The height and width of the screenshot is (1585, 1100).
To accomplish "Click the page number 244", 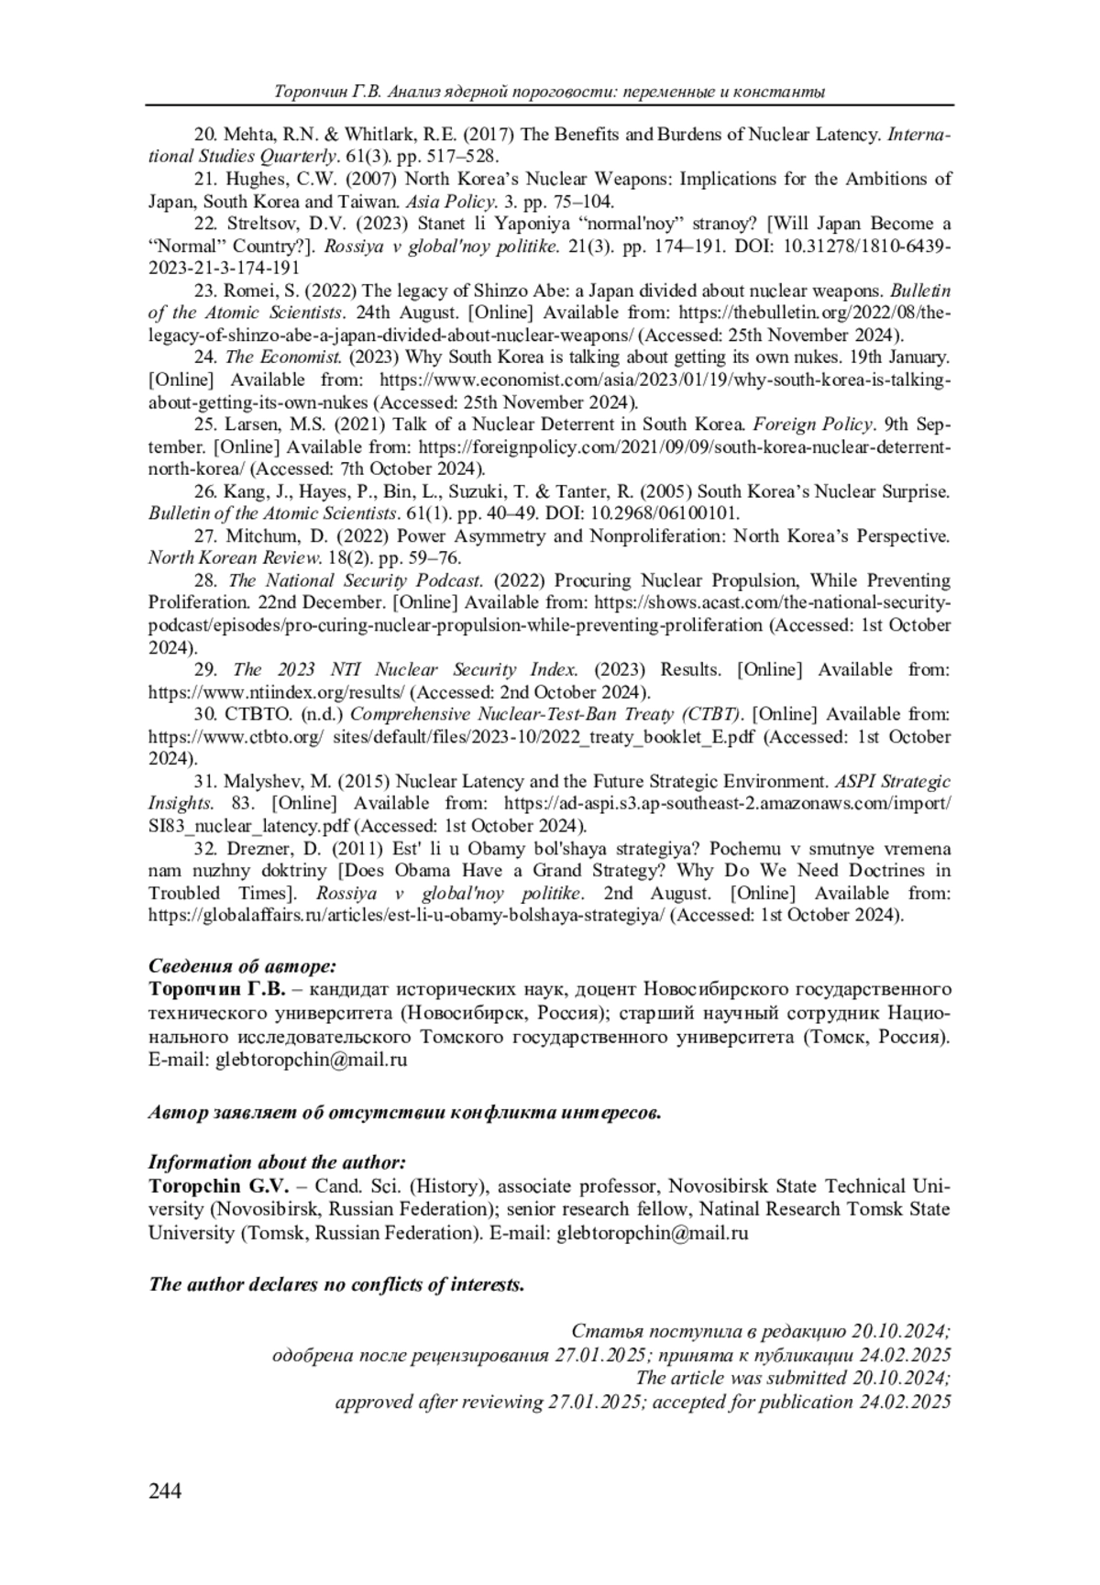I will (x=165, y=1491).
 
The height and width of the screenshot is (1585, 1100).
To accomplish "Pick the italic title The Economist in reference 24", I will (x=284, y=358).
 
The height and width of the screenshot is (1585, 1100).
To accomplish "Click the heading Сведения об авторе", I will (x=243, y=965).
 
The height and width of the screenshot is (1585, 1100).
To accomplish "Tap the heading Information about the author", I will (x=277, y=1162).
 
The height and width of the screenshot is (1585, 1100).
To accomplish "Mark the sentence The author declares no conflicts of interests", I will (x=336, y=1284).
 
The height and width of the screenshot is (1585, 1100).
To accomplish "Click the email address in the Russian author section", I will (x=311, y=1061).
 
